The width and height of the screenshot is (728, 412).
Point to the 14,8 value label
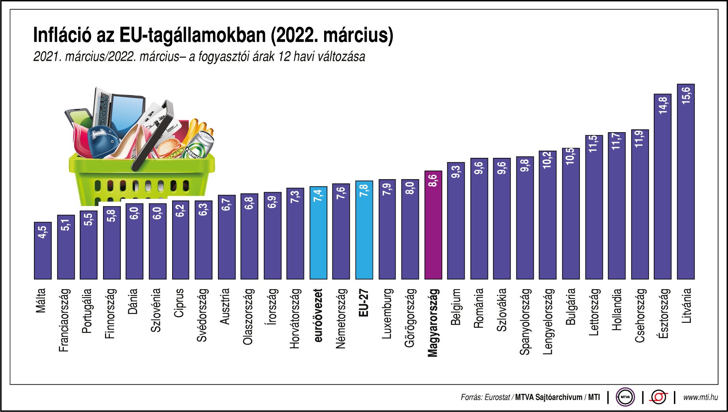click(x=663, y=105)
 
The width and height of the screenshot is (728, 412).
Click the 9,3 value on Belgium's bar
click(x=456, y=172)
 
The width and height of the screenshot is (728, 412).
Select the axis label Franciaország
click(x=64, y=320)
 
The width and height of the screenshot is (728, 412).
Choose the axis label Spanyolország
click(x=525, y=321)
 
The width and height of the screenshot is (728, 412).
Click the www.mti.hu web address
click(x=700, y=397)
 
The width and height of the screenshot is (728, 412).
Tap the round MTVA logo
click(x=625, y=397)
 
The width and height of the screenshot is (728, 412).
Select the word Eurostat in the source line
click(x=497, y=397)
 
